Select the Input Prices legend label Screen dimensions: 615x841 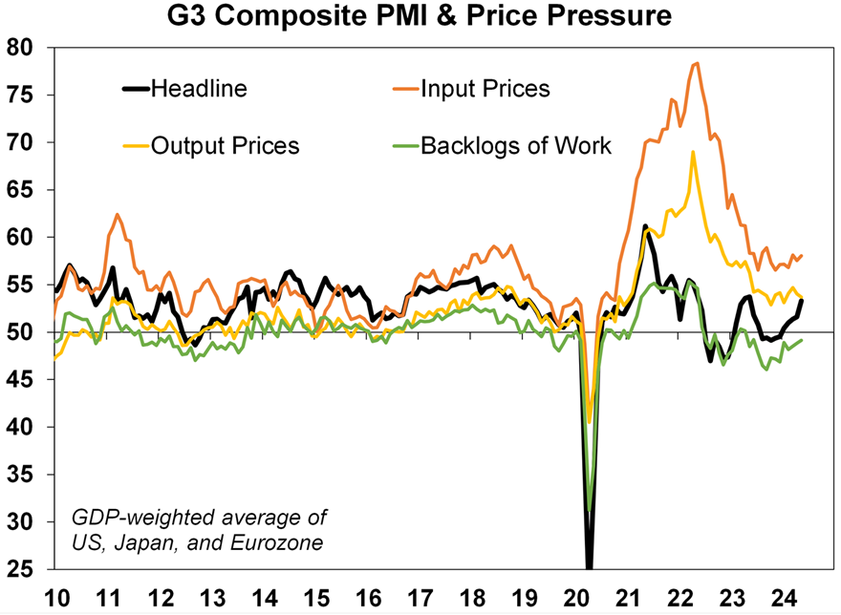(x=486, y=89)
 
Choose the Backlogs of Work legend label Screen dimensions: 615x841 (x=516, y=146)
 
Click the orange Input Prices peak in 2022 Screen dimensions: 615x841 (x=698, y=64)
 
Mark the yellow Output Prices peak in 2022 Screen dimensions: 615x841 (x=693, y=152)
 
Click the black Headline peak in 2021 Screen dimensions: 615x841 (x=646, y=226)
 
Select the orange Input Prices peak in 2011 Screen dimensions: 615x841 (x=117, y=215)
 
